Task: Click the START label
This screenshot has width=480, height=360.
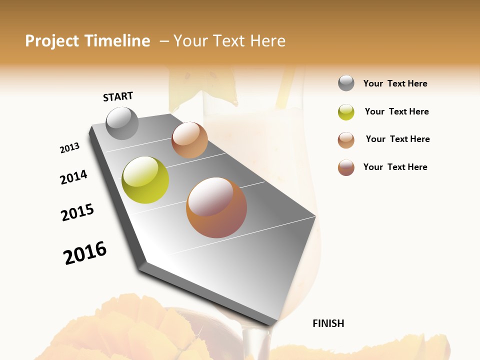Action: pyautogui.click(x=118, y=96)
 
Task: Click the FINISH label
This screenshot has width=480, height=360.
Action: pyautogui.click(x=328, y=323)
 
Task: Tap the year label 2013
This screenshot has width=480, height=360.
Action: pyautogui.click(x=69, y=148)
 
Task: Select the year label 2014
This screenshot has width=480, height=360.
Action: pyautogui.click(x=73, y=177)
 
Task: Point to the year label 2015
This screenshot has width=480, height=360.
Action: pyautogui.click(x=77, y=212)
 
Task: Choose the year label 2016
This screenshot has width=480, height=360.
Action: pyautogui.click(x=85, y=252)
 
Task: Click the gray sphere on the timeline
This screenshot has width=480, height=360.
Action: pyautogui.click(x=122, y=123)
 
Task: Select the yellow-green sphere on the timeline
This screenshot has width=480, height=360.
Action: pyautogui.click(x=145, y=179)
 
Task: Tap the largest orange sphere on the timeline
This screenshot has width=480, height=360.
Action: pyautogui.click(x=216, y=207)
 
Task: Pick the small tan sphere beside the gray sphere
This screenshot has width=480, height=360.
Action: pyautogui.click(x=189, y=140)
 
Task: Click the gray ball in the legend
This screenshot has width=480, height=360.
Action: pyautogui.click(x=346, y=83)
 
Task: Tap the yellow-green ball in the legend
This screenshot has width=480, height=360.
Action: pyautogui.click(x=346, y=111)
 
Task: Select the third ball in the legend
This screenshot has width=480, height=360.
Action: pyautogui.click(x=346, y=139)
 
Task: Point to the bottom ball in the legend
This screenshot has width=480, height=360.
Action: pyautogui.click(x=346, y=167)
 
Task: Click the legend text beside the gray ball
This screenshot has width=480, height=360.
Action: pyautogui.click(x=395, y=83)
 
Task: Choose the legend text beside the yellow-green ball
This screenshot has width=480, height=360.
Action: pyautogui.click(x=396, y=111)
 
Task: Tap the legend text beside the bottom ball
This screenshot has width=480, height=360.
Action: pyautogui.click(x=395, y=167)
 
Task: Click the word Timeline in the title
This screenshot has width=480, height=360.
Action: pyautogui.click(x=118, y=41)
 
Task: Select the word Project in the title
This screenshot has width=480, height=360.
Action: pyautogui.click(x=51, y=41)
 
